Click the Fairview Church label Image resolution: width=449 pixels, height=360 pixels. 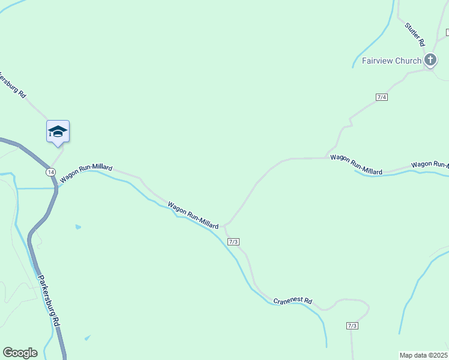(391, 61)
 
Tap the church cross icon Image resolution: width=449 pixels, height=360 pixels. (430, 59)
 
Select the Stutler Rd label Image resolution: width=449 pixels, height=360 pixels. (415, 35)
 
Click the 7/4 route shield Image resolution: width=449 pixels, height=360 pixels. (382, 97)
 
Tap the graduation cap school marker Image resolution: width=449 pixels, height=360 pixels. (58, 131)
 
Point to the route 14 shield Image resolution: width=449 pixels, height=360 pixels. (50, 172)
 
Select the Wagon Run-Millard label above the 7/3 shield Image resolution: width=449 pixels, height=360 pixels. (193, 215)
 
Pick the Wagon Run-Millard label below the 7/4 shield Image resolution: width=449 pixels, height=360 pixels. (357, 165)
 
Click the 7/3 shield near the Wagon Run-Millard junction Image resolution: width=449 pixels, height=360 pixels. (234, 241)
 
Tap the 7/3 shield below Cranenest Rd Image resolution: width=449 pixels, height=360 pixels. (352, 326)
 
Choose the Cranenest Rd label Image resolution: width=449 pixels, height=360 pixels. (293, 301)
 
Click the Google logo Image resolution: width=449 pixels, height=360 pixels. (20, 353)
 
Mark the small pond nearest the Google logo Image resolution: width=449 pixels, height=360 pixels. (88, 338)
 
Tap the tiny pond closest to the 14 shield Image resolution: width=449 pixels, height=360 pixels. (78, 227)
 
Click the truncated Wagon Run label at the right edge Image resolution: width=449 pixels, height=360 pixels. (430, 164)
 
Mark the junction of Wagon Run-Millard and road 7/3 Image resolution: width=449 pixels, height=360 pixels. (224, 226)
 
